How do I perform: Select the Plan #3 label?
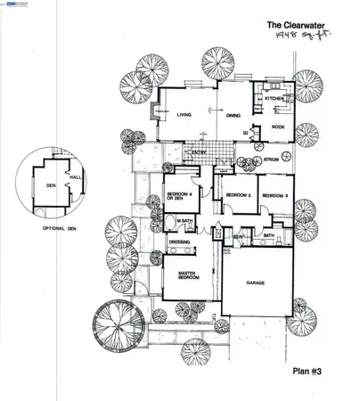coord(311,365)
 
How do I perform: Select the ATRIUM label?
coord(270,160)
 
